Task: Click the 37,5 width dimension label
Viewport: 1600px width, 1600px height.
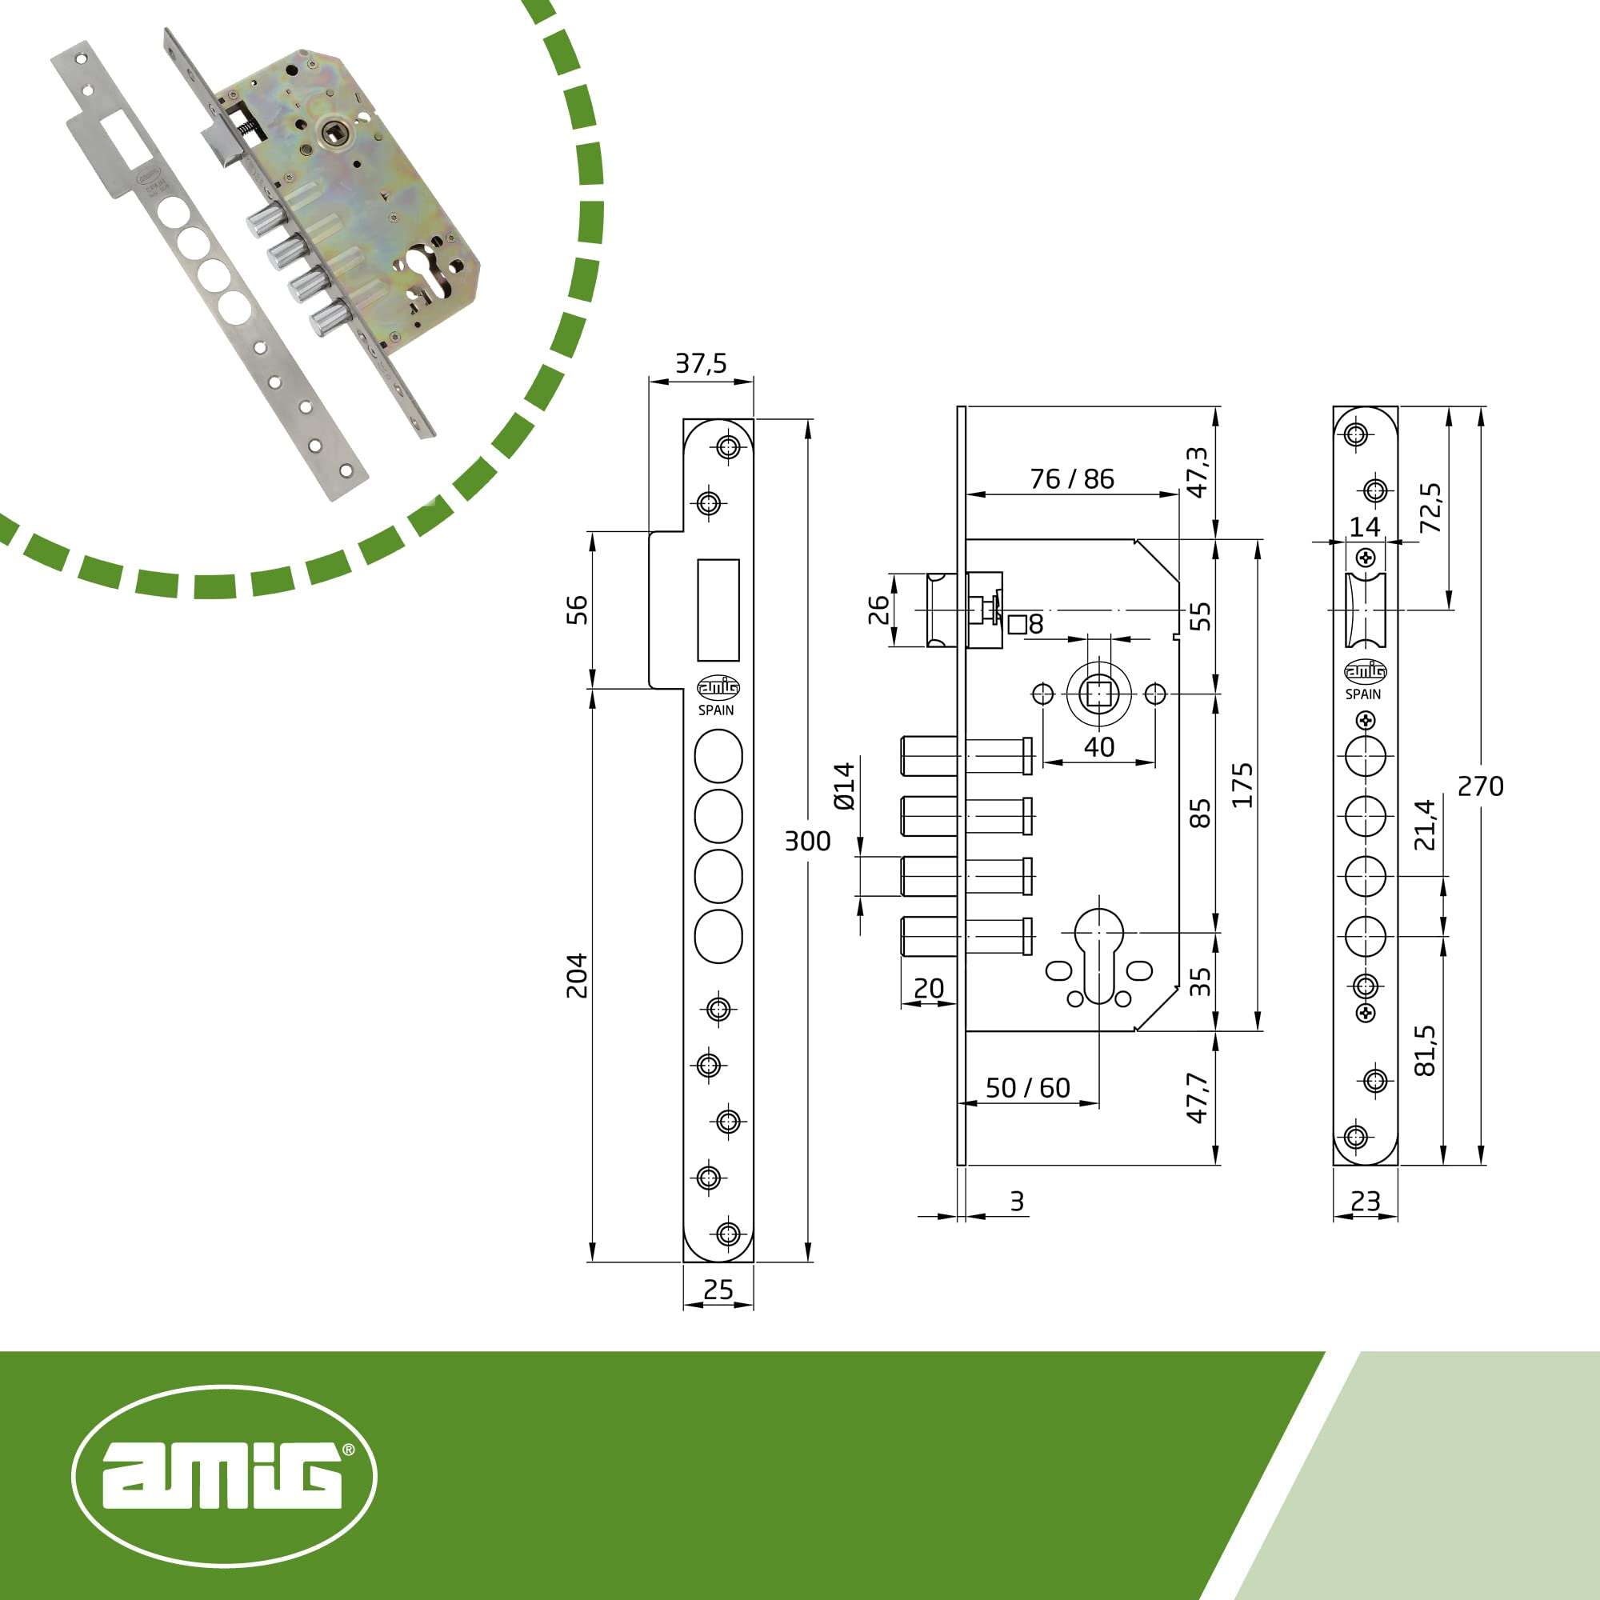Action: tap(701, 362)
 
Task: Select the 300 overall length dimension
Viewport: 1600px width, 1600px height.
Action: tap(807, 842)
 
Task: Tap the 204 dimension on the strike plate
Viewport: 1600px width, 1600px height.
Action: tap(578, 975)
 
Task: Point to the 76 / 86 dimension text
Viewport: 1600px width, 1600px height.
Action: tap(1072, 478)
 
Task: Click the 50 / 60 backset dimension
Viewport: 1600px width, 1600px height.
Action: tap(1028, 1087)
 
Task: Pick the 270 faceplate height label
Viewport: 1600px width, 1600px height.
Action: tap(1481, 786)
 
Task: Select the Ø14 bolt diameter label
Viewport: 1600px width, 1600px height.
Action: tap(844, 786)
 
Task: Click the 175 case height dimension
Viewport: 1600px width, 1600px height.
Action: tap(1242, 785)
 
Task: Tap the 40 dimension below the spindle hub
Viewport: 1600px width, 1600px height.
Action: tap(1099, 747)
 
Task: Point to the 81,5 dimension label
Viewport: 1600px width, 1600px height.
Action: tap(1425, 1051)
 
